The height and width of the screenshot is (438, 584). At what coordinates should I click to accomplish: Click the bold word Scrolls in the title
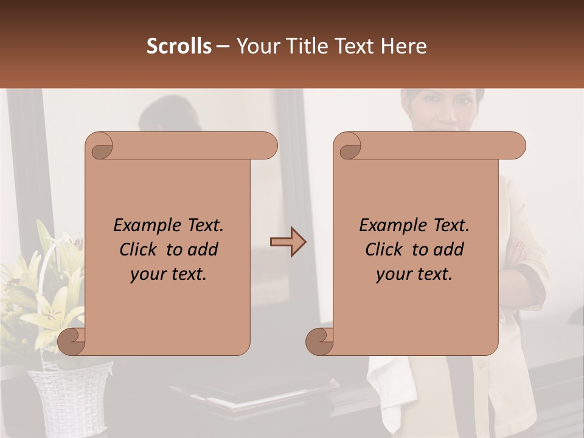tap(179, 46)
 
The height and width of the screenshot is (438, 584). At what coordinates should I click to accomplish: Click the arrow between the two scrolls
tap(288, 242)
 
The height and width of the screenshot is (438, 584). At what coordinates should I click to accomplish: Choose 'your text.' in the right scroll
tap(414, 274)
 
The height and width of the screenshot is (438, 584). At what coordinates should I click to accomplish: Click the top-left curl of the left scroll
tap(100, 146)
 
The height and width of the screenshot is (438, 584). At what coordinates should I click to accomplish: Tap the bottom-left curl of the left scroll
tap(72, 341)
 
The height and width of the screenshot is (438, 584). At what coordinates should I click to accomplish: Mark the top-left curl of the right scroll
tap(348, 146)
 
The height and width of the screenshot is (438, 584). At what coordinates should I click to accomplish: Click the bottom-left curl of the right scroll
tap(319, 341)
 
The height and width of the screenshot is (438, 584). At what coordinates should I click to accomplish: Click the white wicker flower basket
tap(67, 395)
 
